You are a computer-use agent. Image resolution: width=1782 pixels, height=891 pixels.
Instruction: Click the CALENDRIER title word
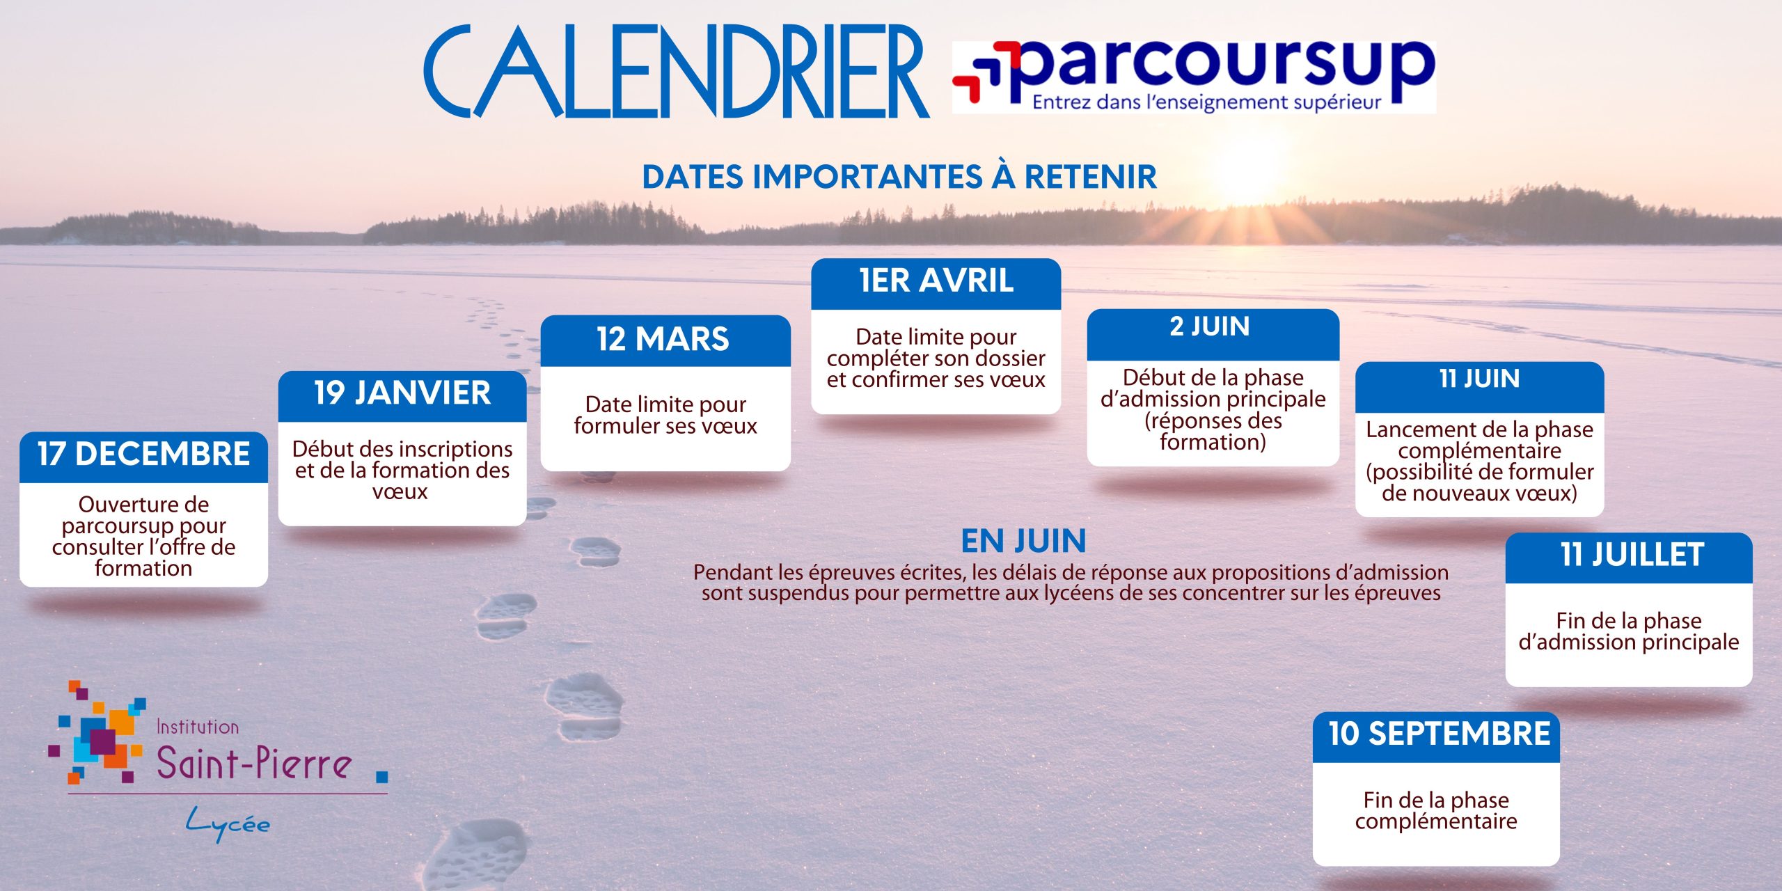pyautogui.click(x=676, y=71)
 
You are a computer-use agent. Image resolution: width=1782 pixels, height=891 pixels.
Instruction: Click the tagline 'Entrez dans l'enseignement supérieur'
pyautogui.click(x=1206, y=102)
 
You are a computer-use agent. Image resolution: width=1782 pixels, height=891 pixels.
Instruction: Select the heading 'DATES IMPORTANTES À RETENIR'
pyautogui.click(x=899, y=177)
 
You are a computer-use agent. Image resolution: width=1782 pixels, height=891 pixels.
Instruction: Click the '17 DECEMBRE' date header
pyautogui.click(x=143, y=454)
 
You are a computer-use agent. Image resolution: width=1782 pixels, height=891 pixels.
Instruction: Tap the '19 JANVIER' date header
pyautogui.click(x=402, y=393)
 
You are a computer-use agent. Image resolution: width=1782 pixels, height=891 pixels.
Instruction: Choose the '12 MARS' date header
pyautogui.click(x=663, y=339)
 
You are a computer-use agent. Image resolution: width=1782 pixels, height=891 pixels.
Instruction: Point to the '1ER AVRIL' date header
pyautogui.click(x=936, y=281)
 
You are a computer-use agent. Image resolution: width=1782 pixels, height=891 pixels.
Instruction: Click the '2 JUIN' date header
pyautogui.click(x=1210, y=326)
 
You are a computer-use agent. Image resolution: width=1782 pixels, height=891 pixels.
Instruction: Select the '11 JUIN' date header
pyautogui.click(x=1479, y=378)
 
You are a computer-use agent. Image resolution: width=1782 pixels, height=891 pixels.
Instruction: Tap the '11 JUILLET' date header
pyautogui.click(x=1632, y=555)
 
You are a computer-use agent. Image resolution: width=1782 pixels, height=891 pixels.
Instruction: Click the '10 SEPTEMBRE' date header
pyautogui.click(x=1439, y=734)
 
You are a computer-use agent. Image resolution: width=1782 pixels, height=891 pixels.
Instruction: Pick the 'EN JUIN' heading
pyautogui.click(x=1023, y=541)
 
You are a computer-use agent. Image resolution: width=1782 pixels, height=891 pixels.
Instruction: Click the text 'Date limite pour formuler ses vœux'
pyautogui.click(x=665, y=415)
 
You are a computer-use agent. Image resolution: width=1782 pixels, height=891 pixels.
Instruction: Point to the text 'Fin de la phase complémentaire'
pyautogui.click(x=1436, y=810)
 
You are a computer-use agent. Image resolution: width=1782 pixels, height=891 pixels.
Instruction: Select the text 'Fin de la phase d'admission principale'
pyautogui.click(x=1629, y=631)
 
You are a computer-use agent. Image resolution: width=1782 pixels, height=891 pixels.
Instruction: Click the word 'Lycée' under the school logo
pyautogui.click(x=228, y=824)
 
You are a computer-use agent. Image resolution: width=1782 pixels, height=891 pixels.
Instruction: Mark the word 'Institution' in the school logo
pyautogui.click(x=198, y=727)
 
